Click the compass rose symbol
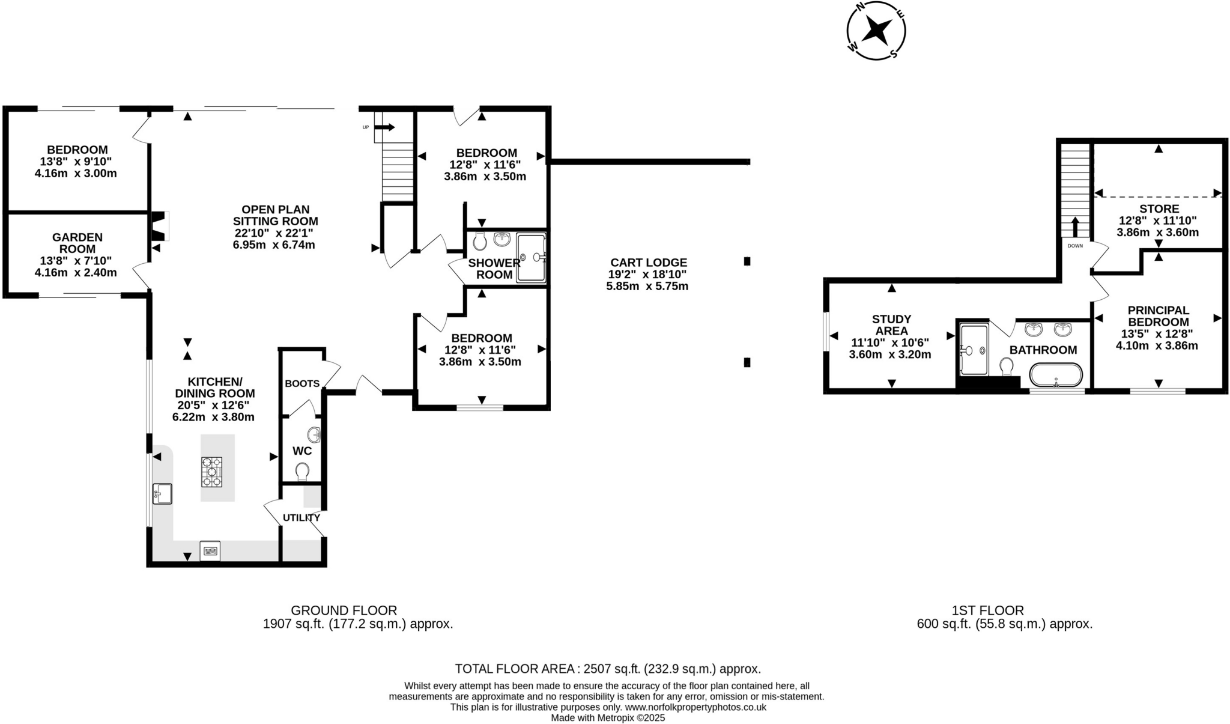[x=876, y=30]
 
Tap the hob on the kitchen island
[x=211, y=472]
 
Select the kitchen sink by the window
[x=162, y=494]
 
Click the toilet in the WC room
[x=302, y=471]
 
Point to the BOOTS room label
[x=302, y=383]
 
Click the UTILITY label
[x=301, y=517]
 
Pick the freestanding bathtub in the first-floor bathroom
[x=1056, y=375]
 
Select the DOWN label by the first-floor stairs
[x=1075, y=246]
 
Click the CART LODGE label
[x=649, y=263]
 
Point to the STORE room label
[x=1159, y=209]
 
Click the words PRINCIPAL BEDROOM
[x=1159, y=316]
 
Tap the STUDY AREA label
[x=891, y=325]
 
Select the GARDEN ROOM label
[x=77, y=243]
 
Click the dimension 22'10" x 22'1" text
[x=274, y=233]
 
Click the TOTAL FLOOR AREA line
[x=608, y=669]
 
